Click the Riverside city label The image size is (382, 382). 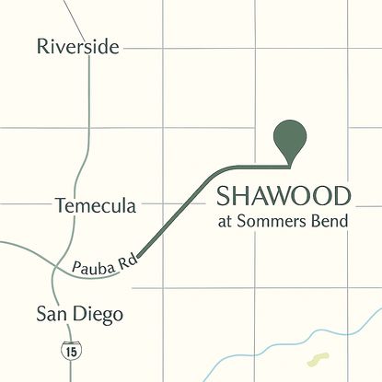coord(77,46)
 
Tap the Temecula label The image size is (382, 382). coord(96,204)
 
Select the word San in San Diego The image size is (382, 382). coord(51,315)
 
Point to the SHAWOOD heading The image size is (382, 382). coord(284,196)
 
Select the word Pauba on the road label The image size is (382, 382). coord(94,267)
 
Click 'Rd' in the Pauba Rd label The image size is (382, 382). coord(130,260)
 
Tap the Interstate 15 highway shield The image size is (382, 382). coord(70,349)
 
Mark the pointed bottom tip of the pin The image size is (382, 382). coord(291,168)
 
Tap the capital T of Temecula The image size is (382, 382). coord(61,204)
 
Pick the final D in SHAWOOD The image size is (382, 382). coord(341,196)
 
